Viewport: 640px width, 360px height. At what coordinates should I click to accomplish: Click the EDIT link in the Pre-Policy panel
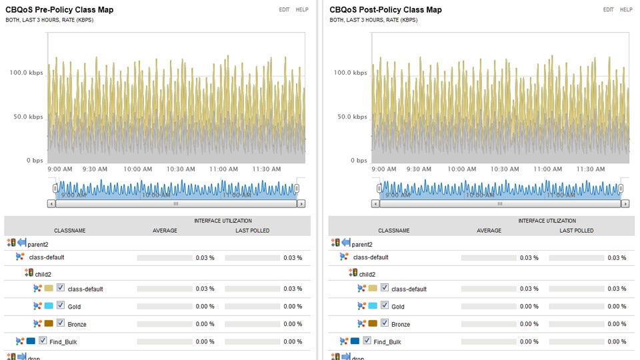[x=285, y=10]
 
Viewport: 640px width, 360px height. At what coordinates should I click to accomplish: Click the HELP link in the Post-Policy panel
[x=626, y=10]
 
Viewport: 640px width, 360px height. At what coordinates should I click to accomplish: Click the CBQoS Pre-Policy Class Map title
[x=59, y=10]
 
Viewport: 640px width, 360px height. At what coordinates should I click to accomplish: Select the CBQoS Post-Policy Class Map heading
[x=385, y=10]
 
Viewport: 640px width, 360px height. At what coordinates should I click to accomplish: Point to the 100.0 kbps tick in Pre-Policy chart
[x=26, y=73]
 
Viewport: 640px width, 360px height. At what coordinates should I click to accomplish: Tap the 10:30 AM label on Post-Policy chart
[x=504, y=169]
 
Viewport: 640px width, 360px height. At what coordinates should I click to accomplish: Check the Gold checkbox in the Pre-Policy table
[x=61, y=306]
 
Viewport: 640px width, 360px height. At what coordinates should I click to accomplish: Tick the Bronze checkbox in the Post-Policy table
[x=385, y=323]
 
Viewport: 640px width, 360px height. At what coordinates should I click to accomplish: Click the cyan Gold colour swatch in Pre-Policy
[x=49, y=306]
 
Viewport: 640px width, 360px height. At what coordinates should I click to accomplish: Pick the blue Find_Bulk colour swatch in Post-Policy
[x=355, y=341]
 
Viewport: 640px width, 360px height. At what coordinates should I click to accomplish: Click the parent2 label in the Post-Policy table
[x=362, y=244]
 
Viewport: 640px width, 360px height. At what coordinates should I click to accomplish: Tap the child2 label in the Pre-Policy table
[x=43, y=274]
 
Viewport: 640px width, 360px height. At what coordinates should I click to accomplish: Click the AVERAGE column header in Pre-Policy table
[x=165, y=231]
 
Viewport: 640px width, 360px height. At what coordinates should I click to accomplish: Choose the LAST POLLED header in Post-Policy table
[x=577, y=231]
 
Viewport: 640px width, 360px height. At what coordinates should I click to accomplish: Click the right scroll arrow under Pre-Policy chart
[x=301, y=204]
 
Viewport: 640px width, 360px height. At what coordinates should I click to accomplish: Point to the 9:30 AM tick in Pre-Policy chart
[x=95, y=169]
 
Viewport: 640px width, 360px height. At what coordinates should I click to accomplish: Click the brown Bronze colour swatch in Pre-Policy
[x=49, y=323]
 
